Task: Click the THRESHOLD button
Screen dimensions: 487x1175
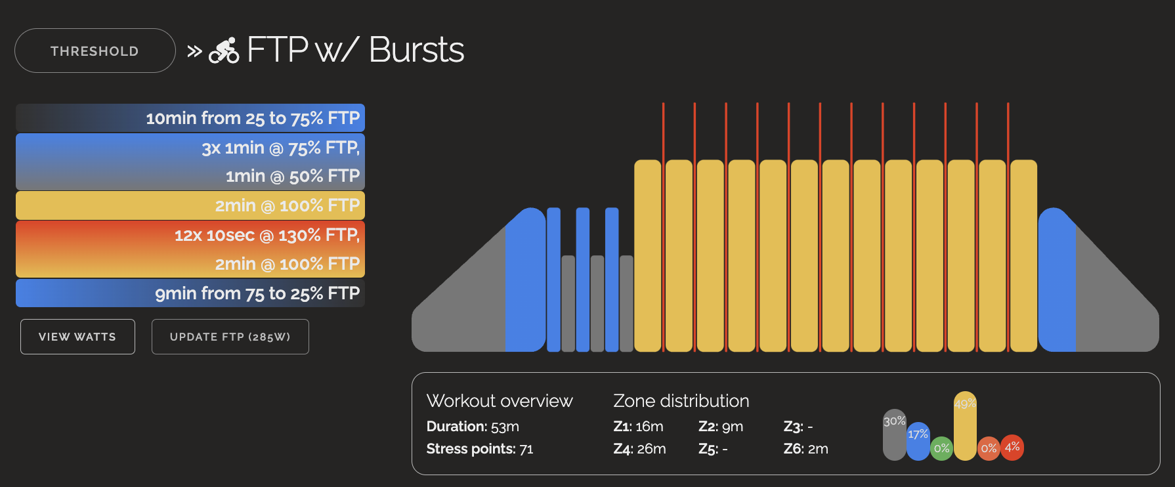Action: (95, 51)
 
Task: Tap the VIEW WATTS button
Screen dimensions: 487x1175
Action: (77, 337)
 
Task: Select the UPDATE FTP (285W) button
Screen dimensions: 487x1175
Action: (230, 337)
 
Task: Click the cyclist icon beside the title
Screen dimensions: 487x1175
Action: (224, 51)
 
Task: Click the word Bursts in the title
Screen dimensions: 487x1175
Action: (416, 50)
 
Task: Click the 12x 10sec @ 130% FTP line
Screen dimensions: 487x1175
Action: (267, 235)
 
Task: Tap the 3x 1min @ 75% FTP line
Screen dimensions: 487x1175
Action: (280, 148)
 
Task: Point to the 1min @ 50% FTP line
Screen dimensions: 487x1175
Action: (292, 177)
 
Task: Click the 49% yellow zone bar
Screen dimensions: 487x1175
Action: (965, 426)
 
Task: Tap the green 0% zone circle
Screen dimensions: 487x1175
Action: (941, 448)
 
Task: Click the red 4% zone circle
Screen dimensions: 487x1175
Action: (1012, 447)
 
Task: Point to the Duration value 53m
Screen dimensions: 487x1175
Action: (505, 427)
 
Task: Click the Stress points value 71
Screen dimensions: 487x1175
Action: (526, 449)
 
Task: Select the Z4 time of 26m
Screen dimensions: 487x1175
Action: (651, 449)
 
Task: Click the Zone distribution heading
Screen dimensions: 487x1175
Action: (681, 401)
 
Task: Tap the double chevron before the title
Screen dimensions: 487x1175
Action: (194, 51)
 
